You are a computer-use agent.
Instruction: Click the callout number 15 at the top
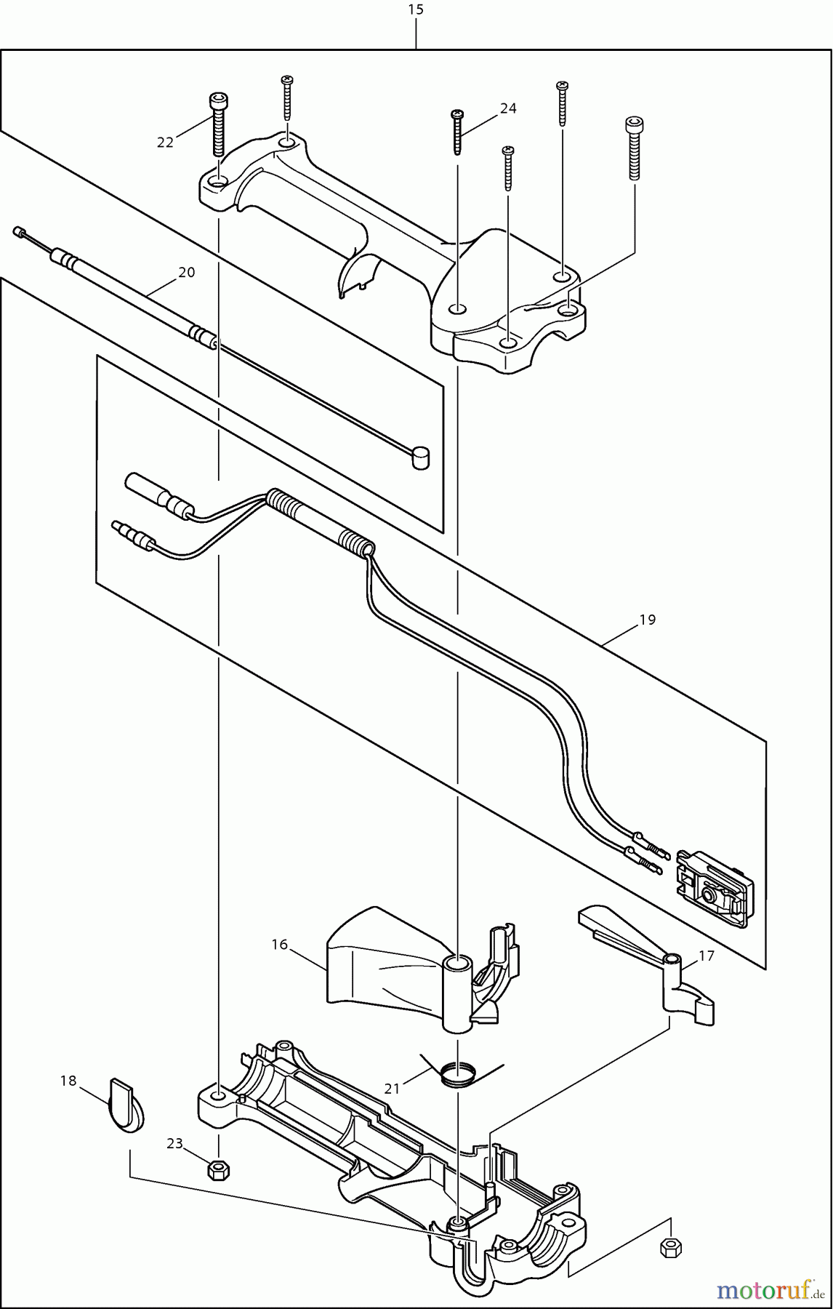click(416, 9)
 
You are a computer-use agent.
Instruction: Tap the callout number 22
click(165, 143)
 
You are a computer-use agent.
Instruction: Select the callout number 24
click(508, 108)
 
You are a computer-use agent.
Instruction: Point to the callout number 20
click(187, 273)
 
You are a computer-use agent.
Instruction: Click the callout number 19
click(648, 620)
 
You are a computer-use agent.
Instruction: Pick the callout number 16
click(280, 945)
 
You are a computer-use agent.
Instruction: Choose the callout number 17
click(707, 956)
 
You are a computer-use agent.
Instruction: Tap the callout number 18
click(68, 1081)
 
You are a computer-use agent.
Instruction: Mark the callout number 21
click(393, 1089)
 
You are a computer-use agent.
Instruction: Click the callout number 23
click(174, 1144)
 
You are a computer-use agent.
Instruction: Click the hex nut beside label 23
click(217, 1170)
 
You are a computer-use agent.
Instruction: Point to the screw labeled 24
click(457, 132)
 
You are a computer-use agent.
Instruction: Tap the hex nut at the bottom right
click(671, 1247)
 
